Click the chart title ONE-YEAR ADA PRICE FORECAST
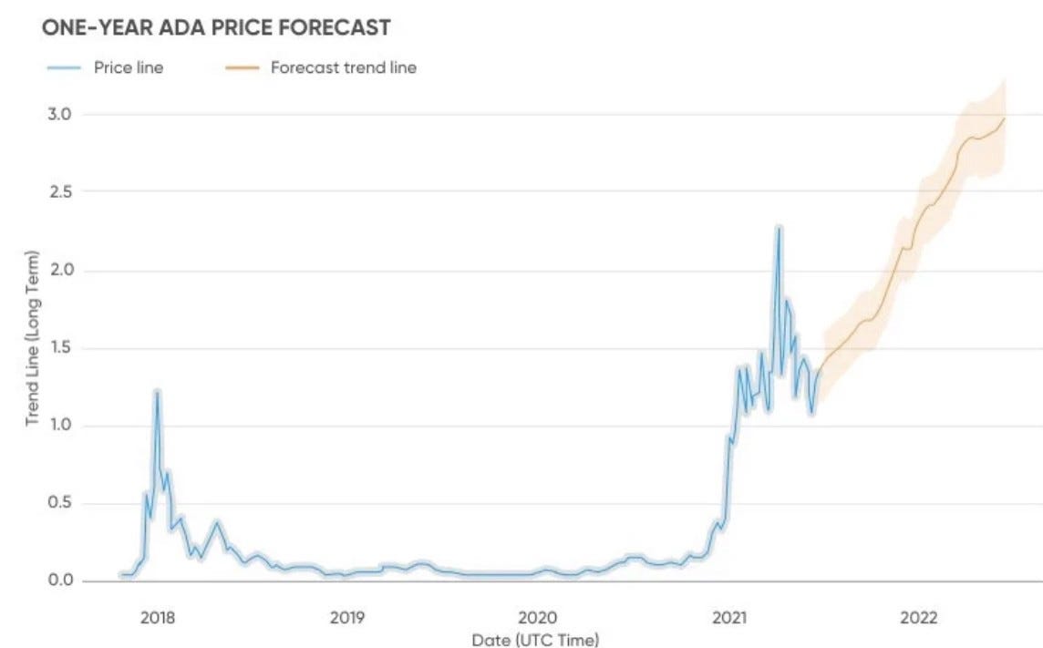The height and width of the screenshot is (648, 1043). point(216,28)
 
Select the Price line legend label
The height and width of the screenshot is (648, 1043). point(129,67)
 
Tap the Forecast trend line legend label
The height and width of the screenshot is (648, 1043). point(343,67)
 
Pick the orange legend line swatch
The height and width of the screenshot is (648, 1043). point(238,67)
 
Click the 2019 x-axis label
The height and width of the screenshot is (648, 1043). point(347,617)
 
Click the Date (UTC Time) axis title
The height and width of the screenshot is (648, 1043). point(536,640)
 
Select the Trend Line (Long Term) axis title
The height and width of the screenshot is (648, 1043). point(33,336)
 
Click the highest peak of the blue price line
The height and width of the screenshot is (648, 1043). point(778,228)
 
